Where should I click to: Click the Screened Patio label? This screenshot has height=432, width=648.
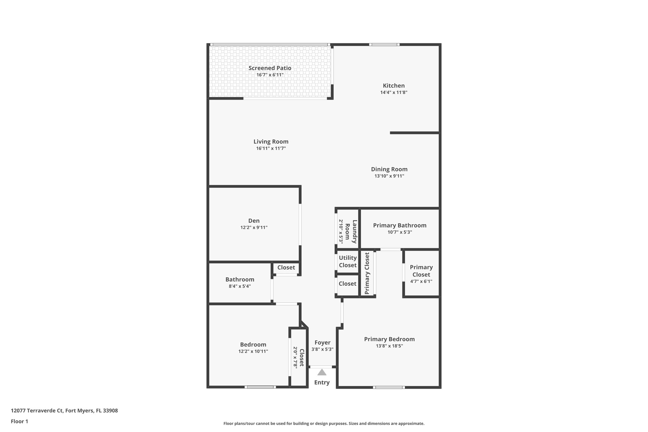(x=270, y=68)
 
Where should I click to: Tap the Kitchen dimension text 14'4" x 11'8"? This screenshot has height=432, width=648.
(x=394, y=93)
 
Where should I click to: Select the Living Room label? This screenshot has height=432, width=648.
(x=271, y=142)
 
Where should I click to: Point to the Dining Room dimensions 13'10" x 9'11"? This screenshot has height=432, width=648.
(x=389, y=176)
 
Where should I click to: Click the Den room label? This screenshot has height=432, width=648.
(x=254, y=221)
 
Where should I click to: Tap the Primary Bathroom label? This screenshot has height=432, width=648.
(x=400, y=225)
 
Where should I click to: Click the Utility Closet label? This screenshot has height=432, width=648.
(x=348, y=261)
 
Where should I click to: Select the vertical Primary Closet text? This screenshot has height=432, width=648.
(x=367, y=273)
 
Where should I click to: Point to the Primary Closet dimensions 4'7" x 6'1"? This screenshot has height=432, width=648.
(x=421, y=281)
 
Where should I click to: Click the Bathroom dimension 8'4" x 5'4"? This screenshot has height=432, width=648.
(x=240, y=286)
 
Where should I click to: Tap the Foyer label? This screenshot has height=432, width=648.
(x=322, y=342)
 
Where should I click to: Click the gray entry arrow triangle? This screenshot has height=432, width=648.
(x=322, y=372)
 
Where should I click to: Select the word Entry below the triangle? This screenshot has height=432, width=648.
(x=322, y=382)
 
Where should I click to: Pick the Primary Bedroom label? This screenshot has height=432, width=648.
(x=389, y=339)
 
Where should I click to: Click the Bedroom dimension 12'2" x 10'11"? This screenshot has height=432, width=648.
(x=253, y=351)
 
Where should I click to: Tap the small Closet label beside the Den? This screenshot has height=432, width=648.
(x=286, y=267)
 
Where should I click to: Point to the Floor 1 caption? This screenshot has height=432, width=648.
(x=19, y=421)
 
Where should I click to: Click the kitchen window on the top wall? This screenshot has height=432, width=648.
(x=384, y=45)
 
